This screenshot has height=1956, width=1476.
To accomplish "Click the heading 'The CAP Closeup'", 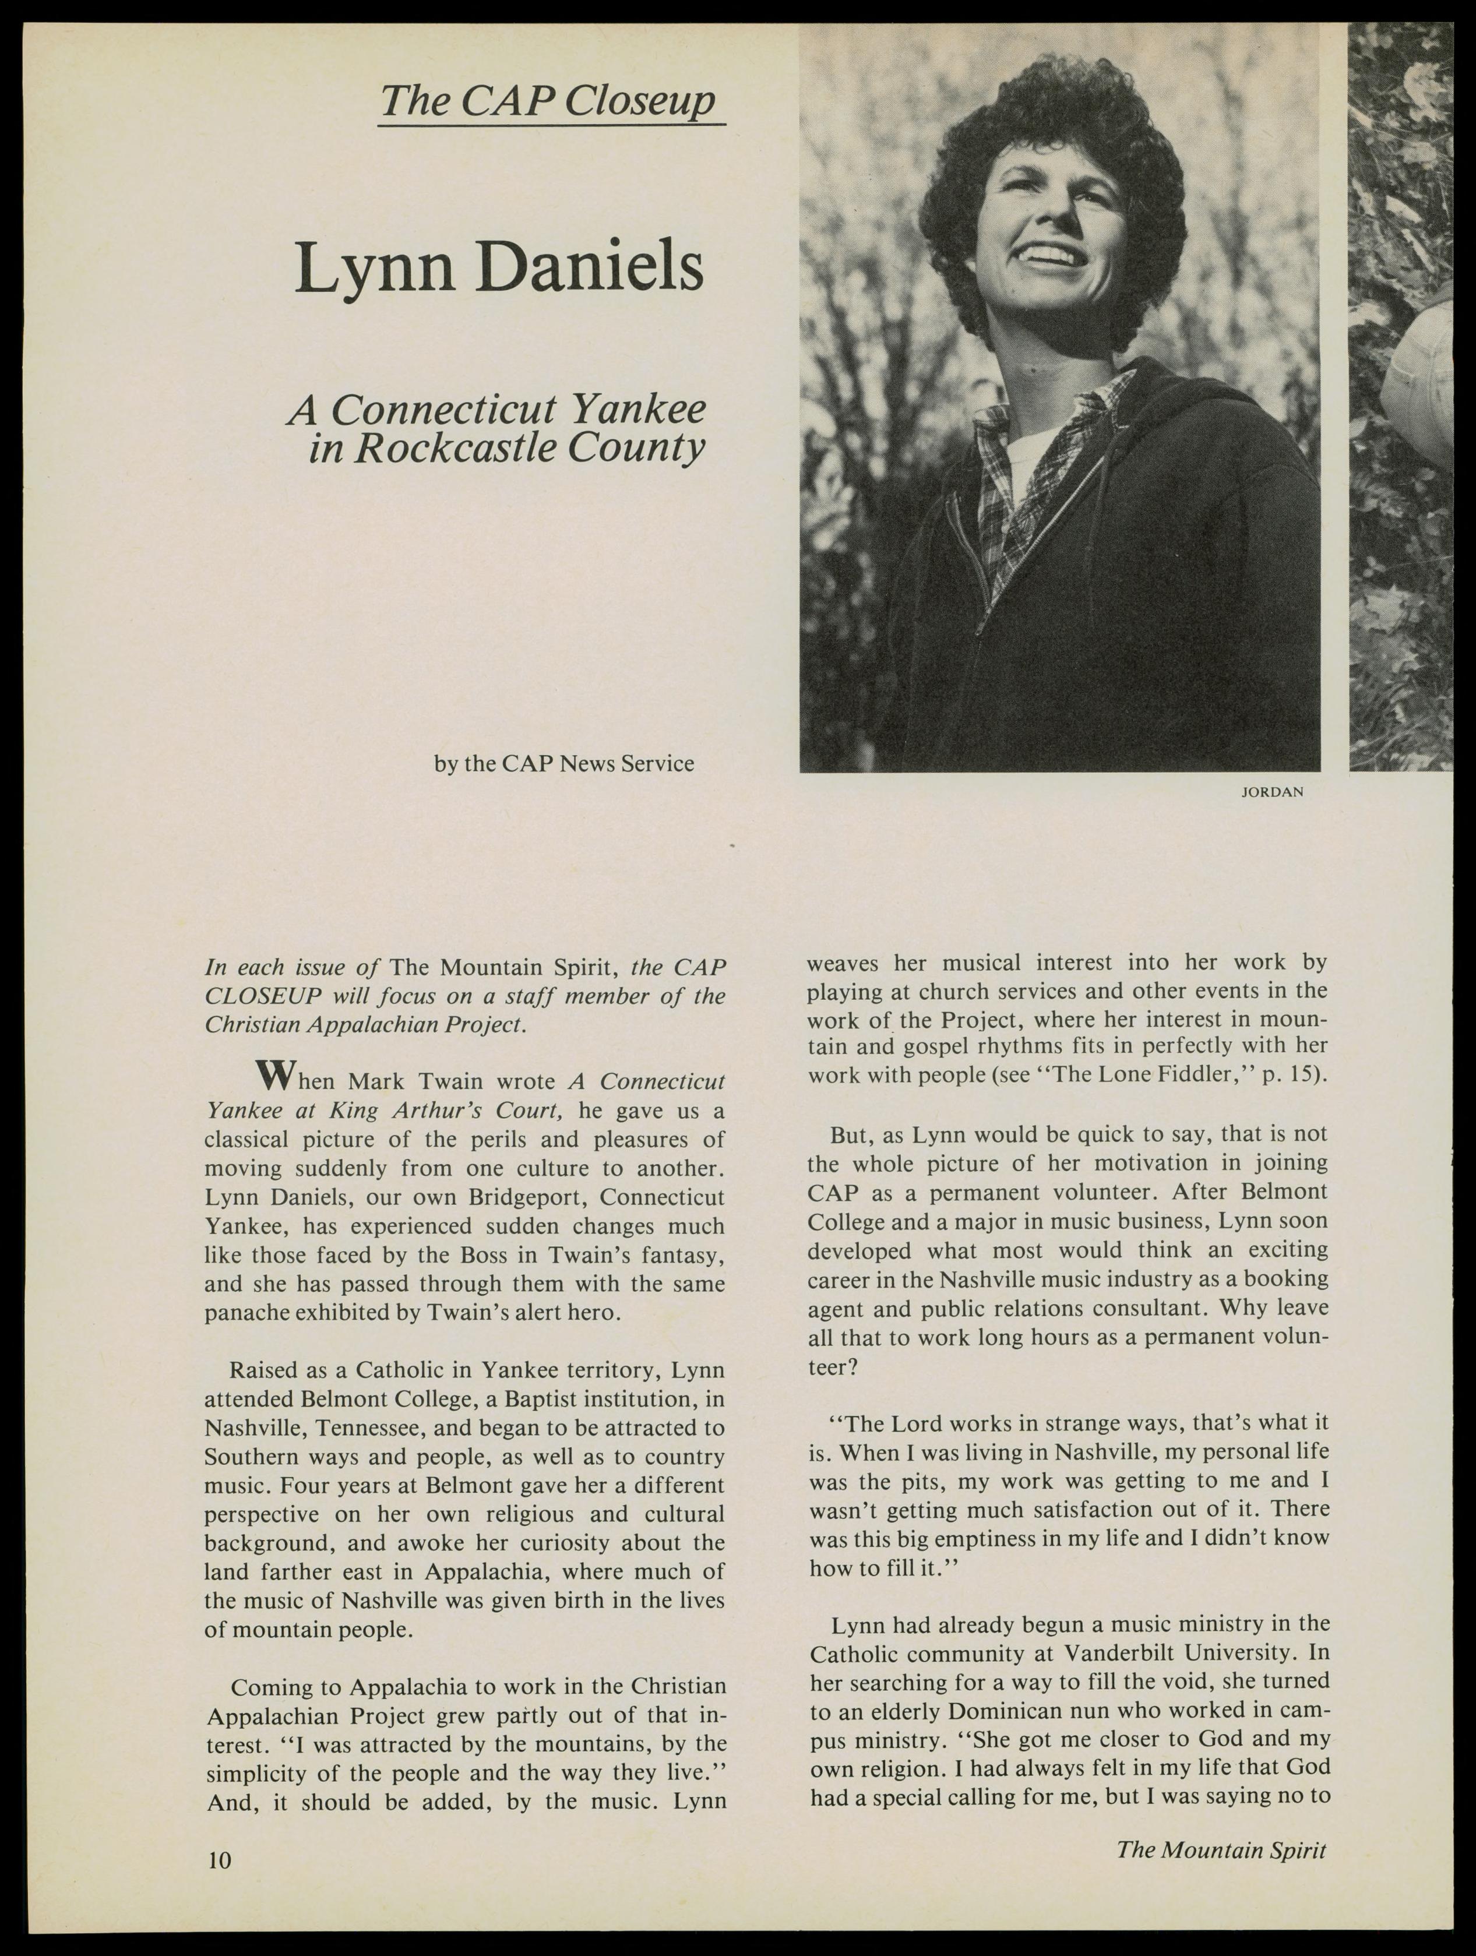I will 548,103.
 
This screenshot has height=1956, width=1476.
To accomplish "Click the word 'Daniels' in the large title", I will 591,267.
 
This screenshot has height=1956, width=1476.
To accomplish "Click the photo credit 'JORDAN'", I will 1271,792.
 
